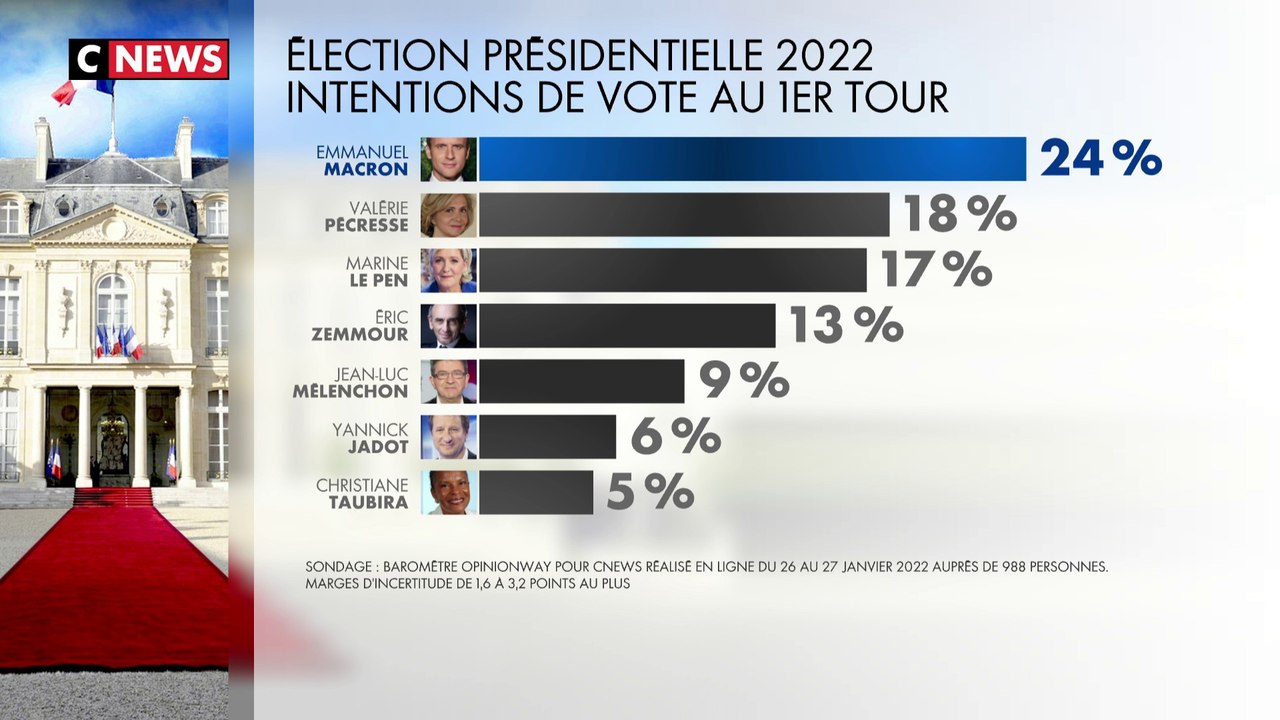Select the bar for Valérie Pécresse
pos(684,215)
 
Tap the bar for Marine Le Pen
pos(672,270)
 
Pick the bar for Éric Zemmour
pos(627,326)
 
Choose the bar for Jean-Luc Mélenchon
pos(581,381)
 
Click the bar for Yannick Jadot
pos(547,437)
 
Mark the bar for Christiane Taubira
pos(536,492)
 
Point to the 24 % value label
pos(1101,158)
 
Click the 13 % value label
pos(846,325)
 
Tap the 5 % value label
pos(650,492)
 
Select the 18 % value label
pos(960,214)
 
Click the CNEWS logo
pos(149,60)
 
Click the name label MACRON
pos(366,169)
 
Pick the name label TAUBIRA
pos(368,502)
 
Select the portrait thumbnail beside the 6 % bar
pos(448,437)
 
